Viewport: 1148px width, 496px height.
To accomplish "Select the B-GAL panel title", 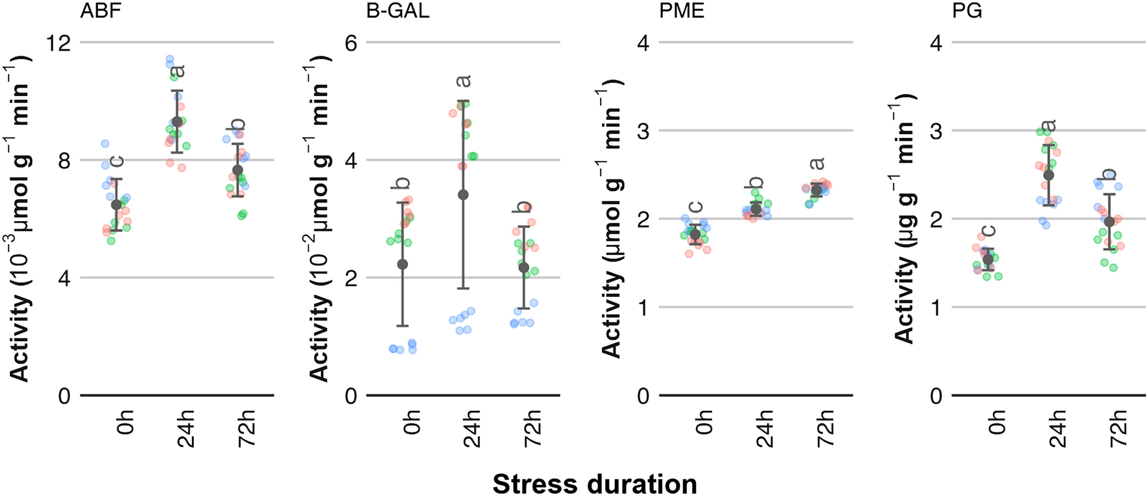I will tap(398, 12).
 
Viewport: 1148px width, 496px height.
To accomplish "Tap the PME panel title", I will tap(682, 12).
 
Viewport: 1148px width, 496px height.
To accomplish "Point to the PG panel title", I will tap(967, 12).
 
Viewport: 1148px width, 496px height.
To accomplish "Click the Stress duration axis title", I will tap(594, 484).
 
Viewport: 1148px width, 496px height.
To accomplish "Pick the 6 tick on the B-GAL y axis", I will tap(352, 43).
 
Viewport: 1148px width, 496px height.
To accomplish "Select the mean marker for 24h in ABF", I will tap(177, 122).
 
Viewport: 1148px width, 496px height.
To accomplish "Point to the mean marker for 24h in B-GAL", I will tap(463, 195).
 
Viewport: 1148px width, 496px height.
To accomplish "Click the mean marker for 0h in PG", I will tap(988, 259).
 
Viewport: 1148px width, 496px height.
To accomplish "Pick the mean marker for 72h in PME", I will tap(817, 190).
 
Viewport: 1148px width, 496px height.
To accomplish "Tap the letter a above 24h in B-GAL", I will tap(463, 81).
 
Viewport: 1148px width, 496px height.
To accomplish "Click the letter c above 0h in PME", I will tap(695, 207).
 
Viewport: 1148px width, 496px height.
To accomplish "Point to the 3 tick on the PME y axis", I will tap(643, 131).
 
